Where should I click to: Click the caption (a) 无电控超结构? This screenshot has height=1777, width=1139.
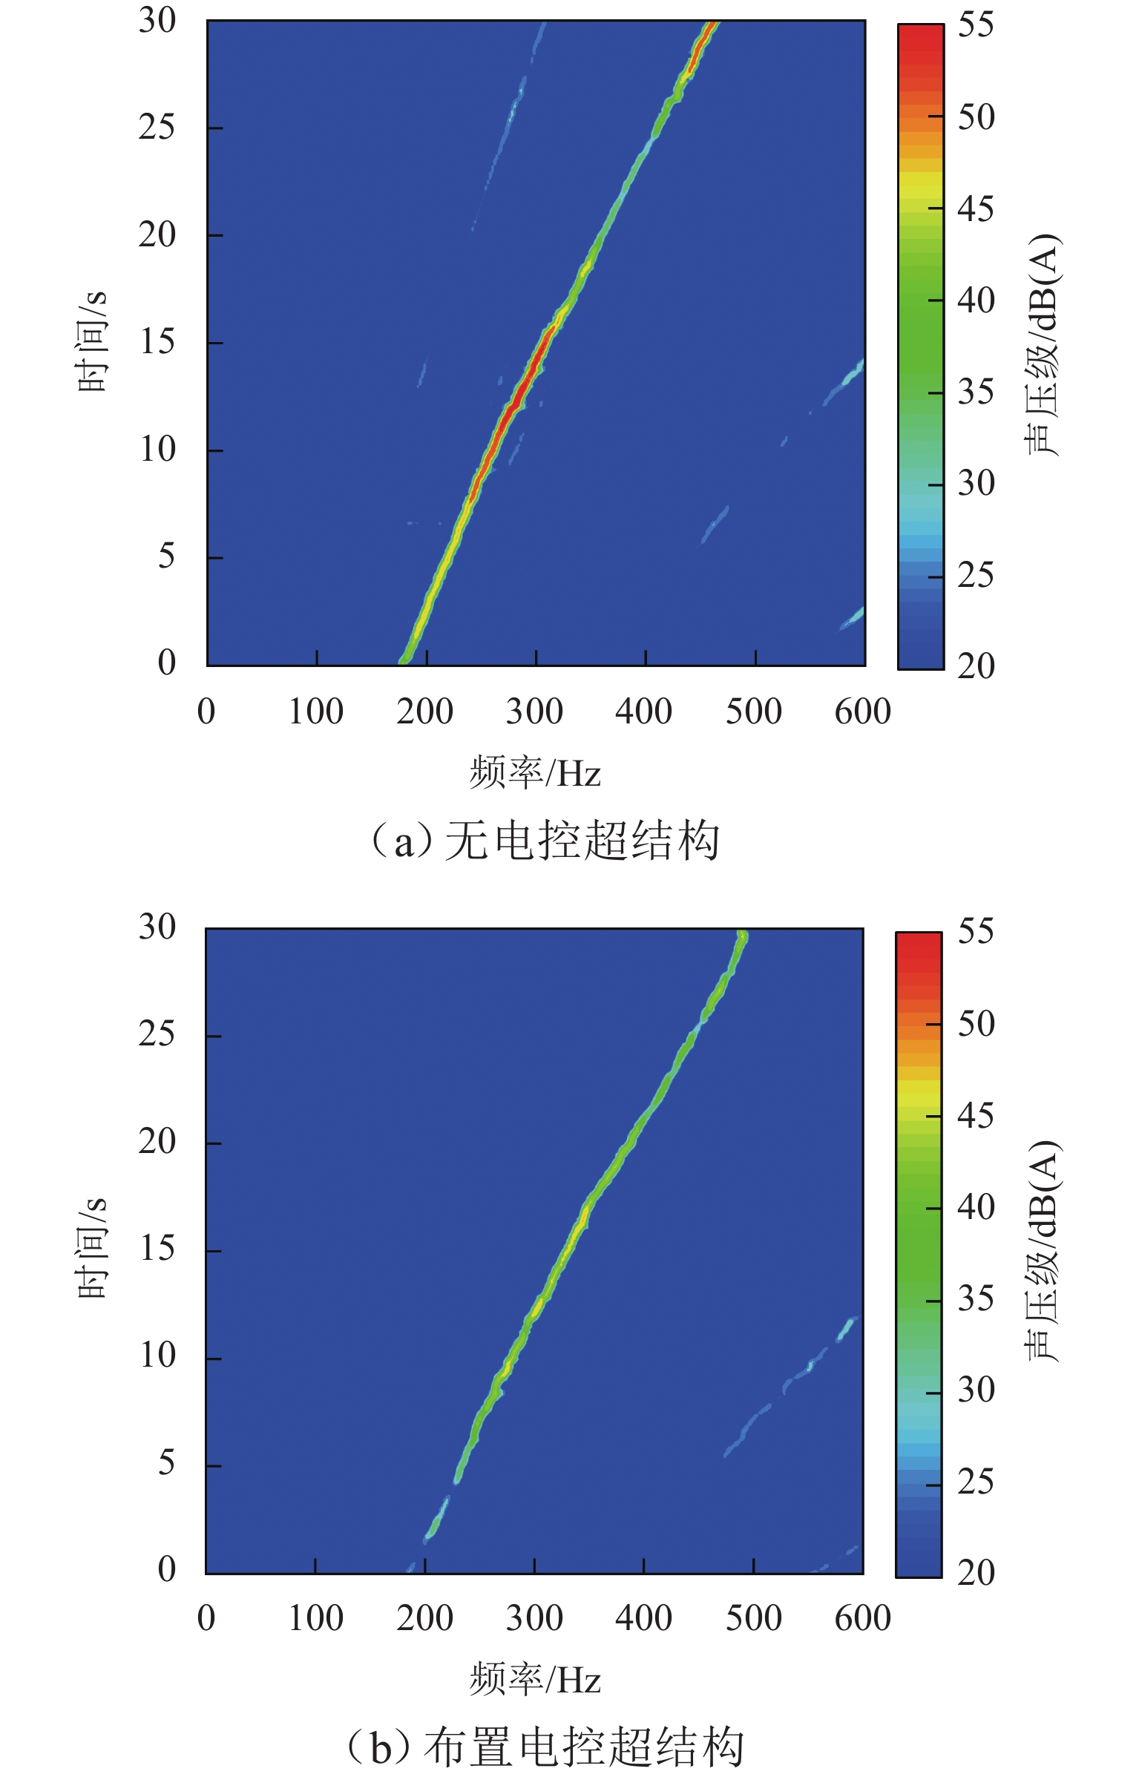click(x=545, y=841)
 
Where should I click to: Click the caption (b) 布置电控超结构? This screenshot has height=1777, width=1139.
click(x=545, y=1747)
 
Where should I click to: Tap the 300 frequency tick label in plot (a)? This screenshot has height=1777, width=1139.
click(x=534, y=712)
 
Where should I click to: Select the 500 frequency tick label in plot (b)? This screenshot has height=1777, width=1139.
click(x=753, y=1618)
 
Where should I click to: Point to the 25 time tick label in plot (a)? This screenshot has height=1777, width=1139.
click(x=157, y=128)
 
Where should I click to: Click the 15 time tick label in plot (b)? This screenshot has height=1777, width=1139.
click(x=157, y=1249)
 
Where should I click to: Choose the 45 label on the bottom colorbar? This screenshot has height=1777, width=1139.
click(x=975, y=1115)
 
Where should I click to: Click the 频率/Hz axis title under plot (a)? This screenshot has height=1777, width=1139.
click(x=534, y=773)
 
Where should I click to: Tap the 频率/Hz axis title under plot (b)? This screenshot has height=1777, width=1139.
click(x=534, y=1680)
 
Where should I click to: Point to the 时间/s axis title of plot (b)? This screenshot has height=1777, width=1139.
click(x=93, y=1248)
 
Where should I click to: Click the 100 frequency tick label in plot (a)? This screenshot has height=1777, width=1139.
click(x=315, y=712)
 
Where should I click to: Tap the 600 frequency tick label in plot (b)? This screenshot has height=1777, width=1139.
click(x=862, y=1618)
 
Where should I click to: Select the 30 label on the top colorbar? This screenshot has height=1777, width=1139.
click(x=975, y=484)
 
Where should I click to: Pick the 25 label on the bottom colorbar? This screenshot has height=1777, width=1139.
click(x=975, y=1482)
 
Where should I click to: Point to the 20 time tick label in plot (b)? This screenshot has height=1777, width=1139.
click(x=157, y=1141)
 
